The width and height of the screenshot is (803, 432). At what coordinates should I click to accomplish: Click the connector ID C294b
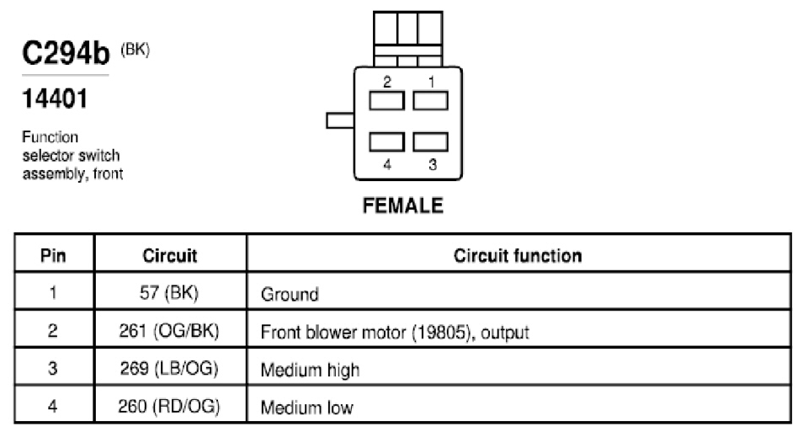(66, 53)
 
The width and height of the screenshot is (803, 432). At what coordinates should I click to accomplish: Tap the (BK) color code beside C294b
(136, 50)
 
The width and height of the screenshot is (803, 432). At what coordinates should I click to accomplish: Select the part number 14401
(55, 99)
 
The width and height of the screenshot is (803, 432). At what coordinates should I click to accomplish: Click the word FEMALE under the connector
(403, 205)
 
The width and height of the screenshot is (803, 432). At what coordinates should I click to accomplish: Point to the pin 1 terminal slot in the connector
(431, 100)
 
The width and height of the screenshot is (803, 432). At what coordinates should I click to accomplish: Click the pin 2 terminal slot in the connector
(386, 100)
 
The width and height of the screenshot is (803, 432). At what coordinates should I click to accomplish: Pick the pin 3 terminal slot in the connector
(431, 142)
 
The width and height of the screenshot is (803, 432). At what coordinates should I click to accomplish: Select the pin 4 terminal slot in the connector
(386, 142)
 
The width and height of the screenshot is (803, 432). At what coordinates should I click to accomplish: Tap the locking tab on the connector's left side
(340, 120)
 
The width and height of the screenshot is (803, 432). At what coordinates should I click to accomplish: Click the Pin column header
(53, 255)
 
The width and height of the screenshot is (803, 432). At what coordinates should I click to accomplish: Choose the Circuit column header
(170, 255)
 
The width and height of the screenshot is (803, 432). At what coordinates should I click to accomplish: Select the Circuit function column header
(518, 255)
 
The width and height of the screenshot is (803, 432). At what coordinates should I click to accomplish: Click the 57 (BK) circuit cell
(169, 292)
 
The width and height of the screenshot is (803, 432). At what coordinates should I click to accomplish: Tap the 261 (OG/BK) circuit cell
(169, 331)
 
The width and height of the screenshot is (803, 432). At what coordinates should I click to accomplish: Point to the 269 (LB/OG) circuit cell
(169, 369)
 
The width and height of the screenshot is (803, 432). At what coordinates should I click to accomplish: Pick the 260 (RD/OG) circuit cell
(169, 407)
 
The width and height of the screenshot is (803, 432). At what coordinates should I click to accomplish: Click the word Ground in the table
(290, 294)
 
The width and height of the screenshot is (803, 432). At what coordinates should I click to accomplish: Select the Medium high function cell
(310, 370)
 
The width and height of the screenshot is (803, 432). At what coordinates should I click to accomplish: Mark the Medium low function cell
(306, 408)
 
